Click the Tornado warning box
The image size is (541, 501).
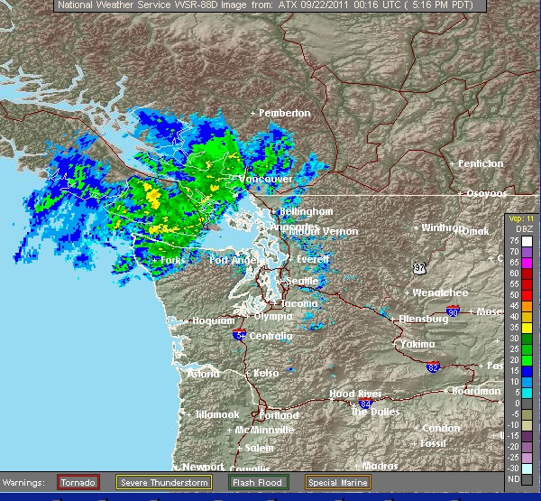pos(78,482)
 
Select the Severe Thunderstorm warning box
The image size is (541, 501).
pos(163,482)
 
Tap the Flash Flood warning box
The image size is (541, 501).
pos(258,482)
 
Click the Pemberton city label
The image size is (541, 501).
pos(284,113)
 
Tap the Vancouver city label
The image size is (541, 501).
pos(265,180)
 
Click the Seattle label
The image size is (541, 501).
pos(301,281)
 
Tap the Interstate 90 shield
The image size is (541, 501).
pos(453,312)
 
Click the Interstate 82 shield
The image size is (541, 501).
pos(434,367)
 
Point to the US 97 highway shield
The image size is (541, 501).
pos(419,268)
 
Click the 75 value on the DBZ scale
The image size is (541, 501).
pos(513,241)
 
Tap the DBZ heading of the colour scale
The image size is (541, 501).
pos(518,230)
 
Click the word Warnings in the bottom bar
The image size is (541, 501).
pos(27,482)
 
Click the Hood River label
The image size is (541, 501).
pos(353,394)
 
